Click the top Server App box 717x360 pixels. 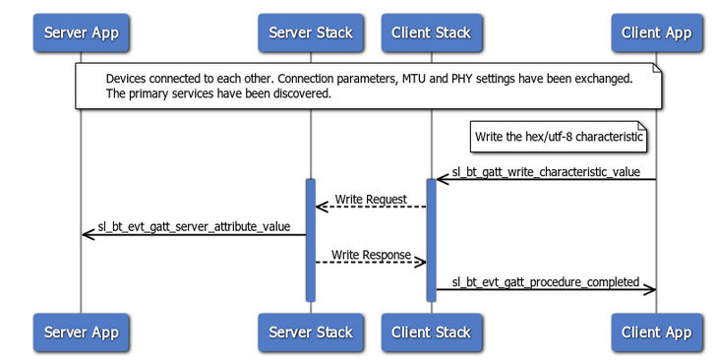(81, 32)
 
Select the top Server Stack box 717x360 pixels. (310, 32)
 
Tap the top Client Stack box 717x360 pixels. (431, 32)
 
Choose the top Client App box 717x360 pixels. (656, 32)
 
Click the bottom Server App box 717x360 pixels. (81, 331)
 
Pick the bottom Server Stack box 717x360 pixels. (310, 331)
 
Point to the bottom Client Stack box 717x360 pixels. (431, 331)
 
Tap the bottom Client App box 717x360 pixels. (656, 331)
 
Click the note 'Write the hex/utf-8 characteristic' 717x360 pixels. (559, 137)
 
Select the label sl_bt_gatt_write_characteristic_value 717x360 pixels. (546, 172)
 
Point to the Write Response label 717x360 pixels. (370, 255)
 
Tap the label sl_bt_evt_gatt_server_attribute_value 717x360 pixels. (194, 227)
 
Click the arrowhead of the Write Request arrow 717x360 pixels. (320, 207)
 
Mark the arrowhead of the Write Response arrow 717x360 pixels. (421, 262)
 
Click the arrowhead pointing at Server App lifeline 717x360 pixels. (87, 234)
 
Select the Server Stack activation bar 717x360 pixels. (310, 240)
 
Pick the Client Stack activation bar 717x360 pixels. (431, 240)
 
